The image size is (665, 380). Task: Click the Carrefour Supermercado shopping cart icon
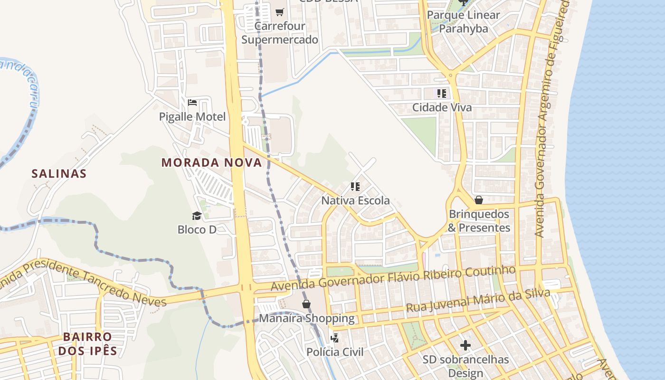[280, 12]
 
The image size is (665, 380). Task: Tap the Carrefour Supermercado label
[280, 33]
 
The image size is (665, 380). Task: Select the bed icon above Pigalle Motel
[192, 103]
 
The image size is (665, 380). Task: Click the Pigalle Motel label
[192, 117]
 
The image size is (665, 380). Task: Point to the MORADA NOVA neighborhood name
[211, 163]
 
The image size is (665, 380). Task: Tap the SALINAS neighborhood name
[59, 174]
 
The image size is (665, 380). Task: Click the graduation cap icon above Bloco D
[197, 216]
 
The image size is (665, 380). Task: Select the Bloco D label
[197, 230]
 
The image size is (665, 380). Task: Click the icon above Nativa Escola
[355, 187]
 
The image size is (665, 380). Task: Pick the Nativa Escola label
[355, 201]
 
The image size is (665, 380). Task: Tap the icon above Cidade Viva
[442, 94]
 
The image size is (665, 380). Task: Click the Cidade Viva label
[442, 108]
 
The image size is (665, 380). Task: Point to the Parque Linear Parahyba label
[463, 22]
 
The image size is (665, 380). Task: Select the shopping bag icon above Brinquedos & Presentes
[479, 200]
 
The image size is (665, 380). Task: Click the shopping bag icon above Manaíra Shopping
[306, 304]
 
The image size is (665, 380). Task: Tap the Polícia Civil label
[335, 352]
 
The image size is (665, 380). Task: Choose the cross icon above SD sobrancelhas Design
[465, 345]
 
